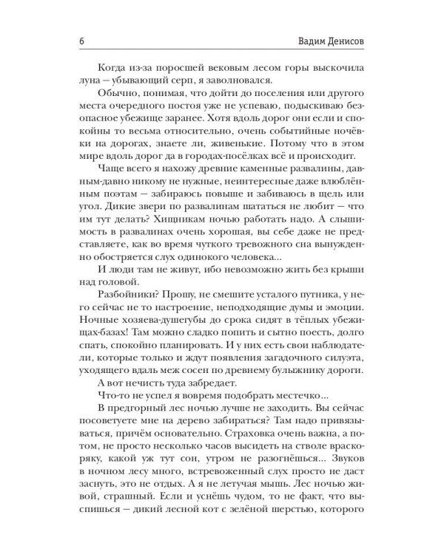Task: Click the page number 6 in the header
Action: click(80, 41)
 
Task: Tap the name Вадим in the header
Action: click(297, 41)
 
